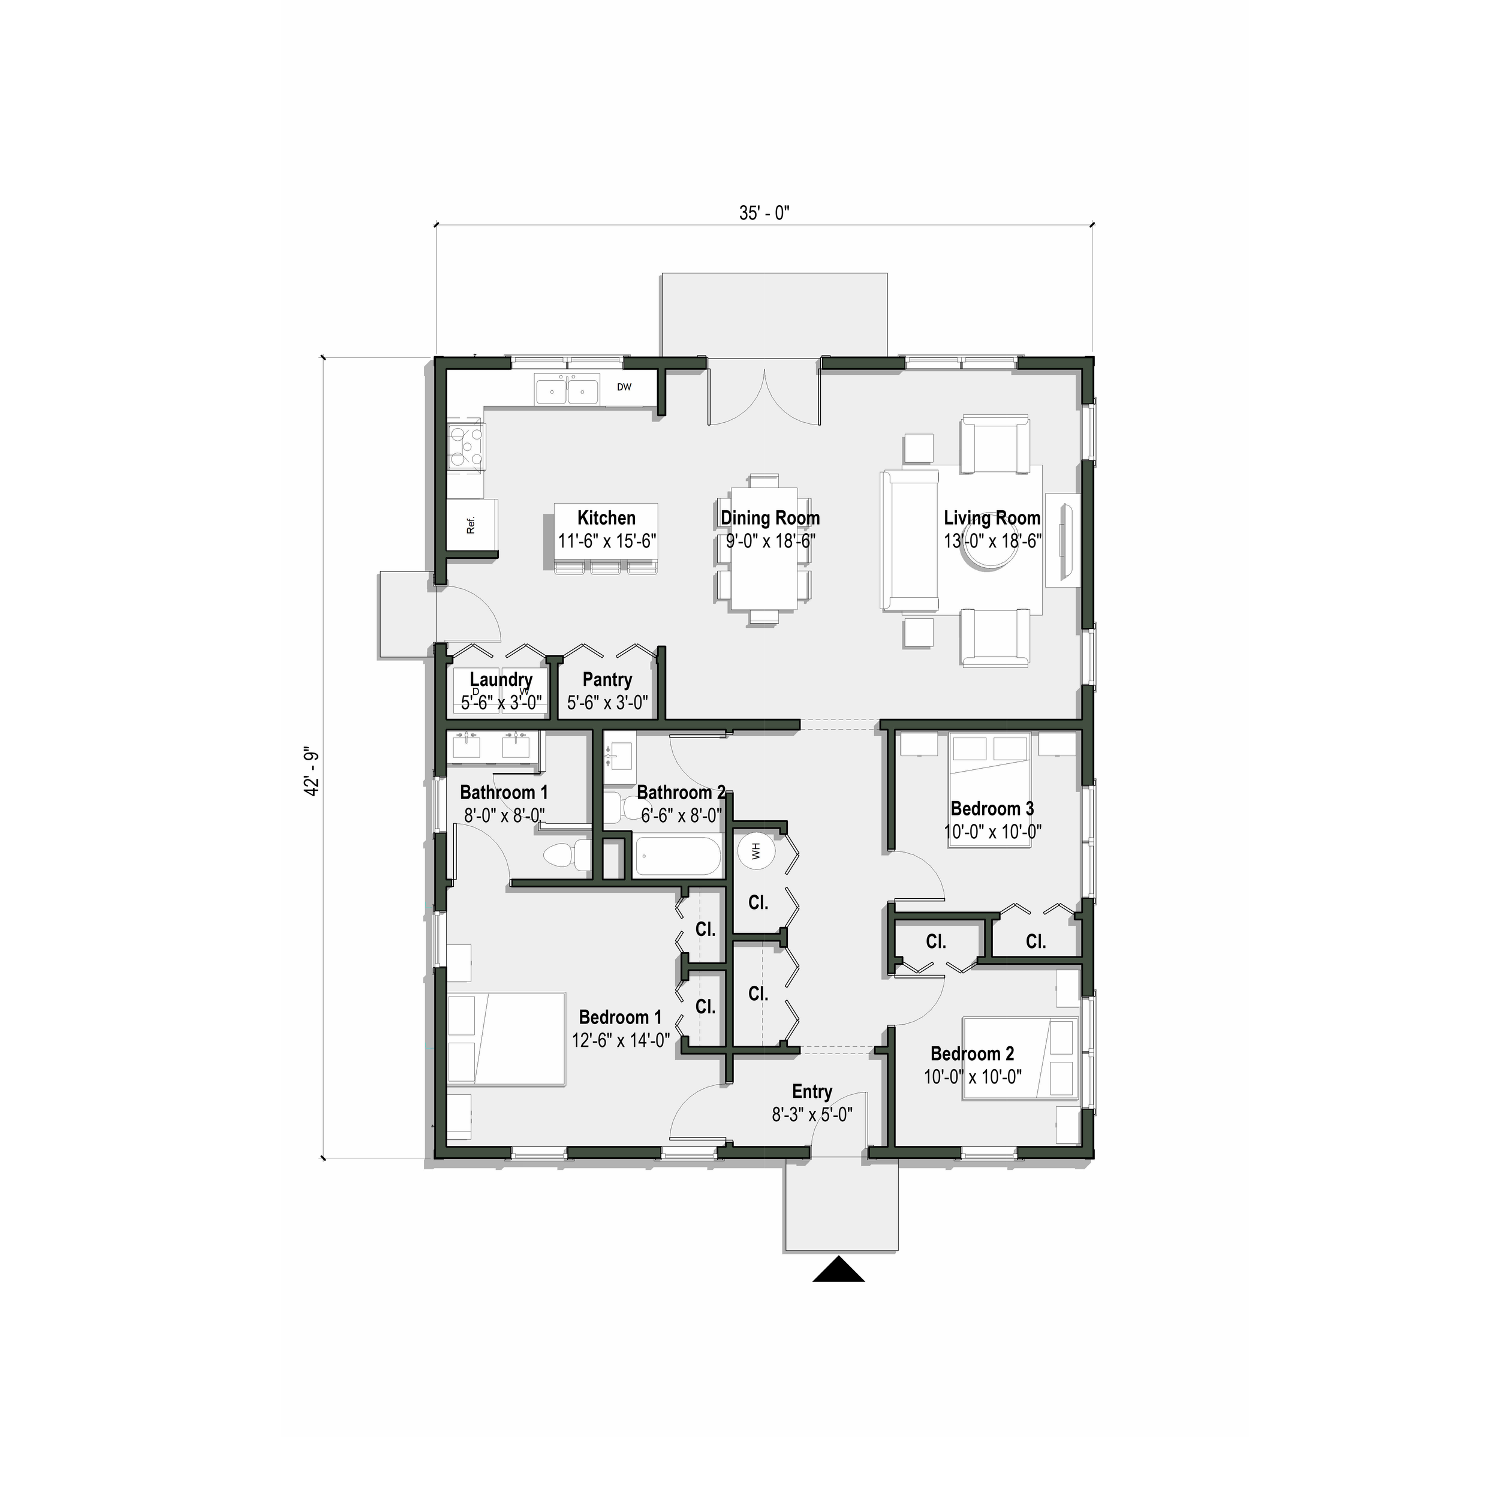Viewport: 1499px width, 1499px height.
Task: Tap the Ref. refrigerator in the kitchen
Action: point(471,526)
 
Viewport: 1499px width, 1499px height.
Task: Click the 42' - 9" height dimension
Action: point(312,773)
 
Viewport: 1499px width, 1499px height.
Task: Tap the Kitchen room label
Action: point(607,518)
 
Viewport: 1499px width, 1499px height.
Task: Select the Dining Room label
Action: point(770,518)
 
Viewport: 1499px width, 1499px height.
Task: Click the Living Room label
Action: point(992,518)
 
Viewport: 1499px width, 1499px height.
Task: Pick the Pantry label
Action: point(607,680)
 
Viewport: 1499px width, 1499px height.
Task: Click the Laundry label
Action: point(501,680)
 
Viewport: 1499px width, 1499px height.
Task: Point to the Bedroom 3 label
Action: point(992,808)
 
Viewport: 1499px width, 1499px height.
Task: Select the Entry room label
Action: point(812,1092)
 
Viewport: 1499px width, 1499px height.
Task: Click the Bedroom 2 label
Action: point(971,1053)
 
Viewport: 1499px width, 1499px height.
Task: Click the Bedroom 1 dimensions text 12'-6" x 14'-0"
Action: point(621,1040)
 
